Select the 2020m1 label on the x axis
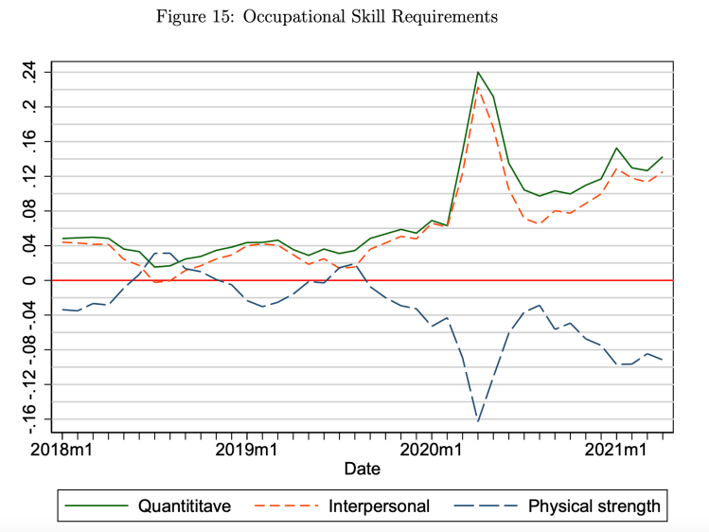(x=433, y=448)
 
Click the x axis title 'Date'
(x=363, y=469)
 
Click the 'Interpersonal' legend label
(x=380, y=505)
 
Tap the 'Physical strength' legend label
(x=594, y=505)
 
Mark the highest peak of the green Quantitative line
(x=478, y=72)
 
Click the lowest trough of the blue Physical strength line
(x=478, y=421)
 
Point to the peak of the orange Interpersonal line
(x=478, y=88)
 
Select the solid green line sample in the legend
(x=97, y=505)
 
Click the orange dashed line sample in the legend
(x=287, y=505)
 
